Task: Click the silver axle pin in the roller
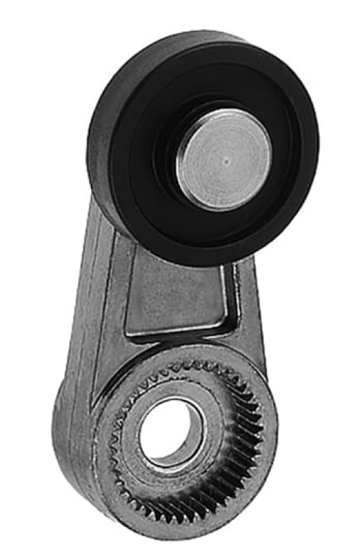pyautogui.click(x=223, y=160)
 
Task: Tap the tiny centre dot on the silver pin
pyautogui.click(x=225, y=159)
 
